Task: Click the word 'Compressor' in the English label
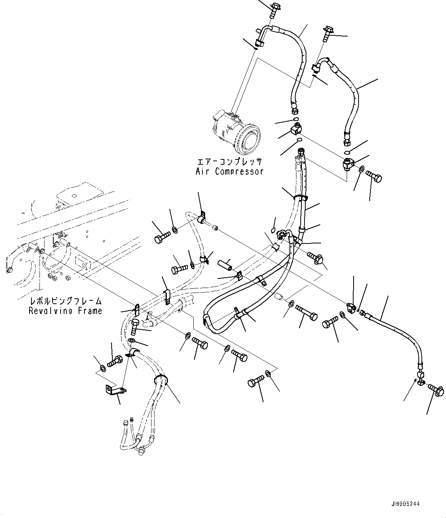pos(239,172)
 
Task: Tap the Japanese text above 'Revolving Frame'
pos(66,301)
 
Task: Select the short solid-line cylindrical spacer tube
pos(225,265)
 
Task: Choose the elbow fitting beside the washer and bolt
pos(348,164)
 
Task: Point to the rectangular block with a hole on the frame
pos(82,262)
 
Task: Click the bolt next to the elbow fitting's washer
pos(374,176)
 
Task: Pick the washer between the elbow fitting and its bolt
pos(362,170)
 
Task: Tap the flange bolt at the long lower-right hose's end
pos(436,390)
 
